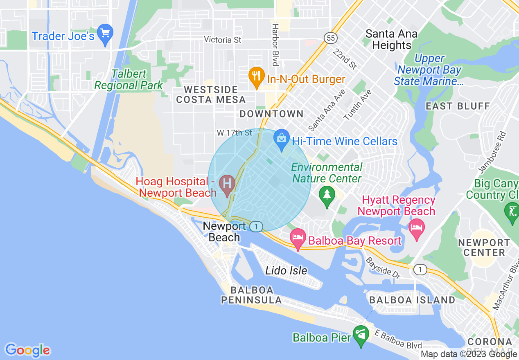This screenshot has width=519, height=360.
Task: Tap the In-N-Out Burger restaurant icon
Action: tap(256, 75)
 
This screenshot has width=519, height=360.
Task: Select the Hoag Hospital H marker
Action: tap(227, 182)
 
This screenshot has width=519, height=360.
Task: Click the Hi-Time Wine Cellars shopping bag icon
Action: tap(282, 137)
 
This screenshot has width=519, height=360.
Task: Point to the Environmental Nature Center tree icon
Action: tap(327, 194)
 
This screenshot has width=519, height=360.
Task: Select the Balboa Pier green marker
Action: tap(361, 334)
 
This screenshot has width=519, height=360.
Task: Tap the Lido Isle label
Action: tap(286, 270)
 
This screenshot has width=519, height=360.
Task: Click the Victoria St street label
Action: tap(223, 40)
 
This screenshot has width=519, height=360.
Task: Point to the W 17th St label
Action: tap(234, 133)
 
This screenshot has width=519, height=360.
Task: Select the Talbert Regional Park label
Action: tap(128, 80)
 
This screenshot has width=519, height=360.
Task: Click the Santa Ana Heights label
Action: tap(391, 39)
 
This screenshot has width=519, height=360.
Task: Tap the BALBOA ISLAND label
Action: tap(412, 300)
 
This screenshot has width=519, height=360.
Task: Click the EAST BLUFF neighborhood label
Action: tap(458, 106)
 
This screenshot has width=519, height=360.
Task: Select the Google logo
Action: tap(27, 350)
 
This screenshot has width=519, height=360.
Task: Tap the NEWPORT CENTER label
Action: tap(484, 248)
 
